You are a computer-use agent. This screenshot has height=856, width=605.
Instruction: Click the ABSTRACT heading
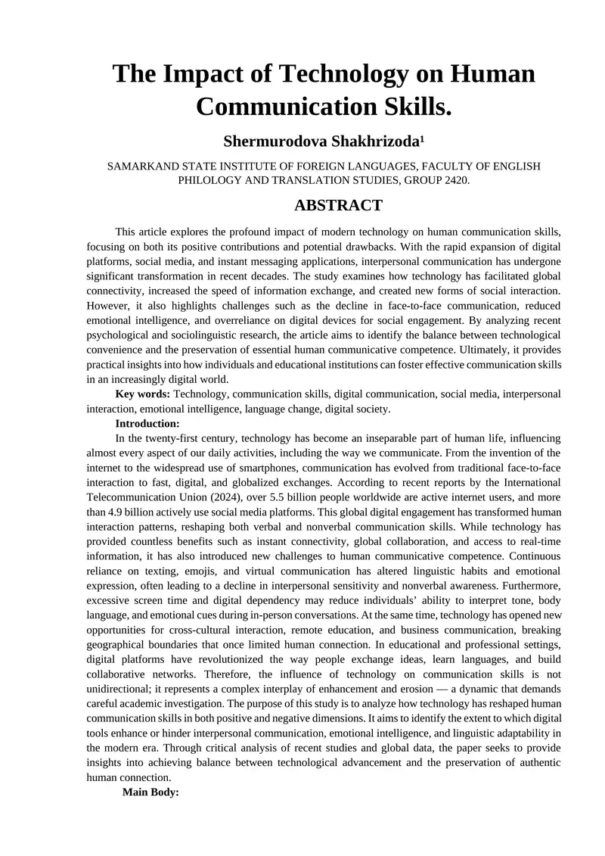[x=337, y=206]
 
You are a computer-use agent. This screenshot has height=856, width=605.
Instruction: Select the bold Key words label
[x=142, y=394]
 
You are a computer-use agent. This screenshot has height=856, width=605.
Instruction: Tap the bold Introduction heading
[x=147, y=424]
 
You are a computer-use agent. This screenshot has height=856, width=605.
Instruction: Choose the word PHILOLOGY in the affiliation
[x=212, y=181]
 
